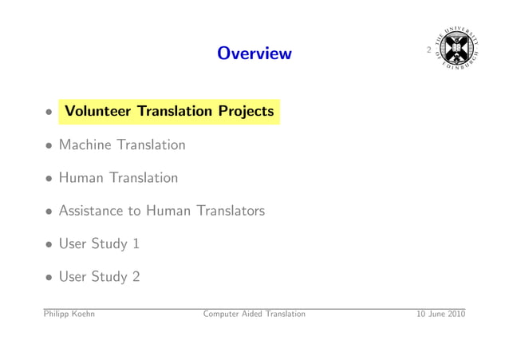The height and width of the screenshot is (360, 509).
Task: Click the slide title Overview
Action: (x=254, y=53)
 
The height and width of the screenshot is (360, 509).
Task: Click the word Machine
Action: (x=86, y=144)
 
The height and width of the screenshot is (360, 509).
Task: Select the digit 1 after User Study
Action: (x=136, y=243)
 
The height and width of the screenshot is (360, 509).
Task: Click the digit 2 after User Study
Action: (x=136, y=276)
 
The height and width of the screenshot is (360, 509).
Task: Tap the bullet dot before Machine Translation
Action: (x=49, y=146)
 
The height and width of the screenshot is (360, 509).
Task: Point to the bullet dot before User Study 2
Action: (x=49, y=278)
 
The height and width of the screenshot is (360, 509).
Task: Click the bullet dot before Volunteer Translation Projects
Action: (x=49, y=113)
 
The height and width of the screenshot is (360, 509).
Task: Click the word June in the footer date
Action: (x=436, y=314)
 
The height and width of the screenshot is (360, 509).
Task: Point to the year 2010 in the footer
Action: (x=456, y=314)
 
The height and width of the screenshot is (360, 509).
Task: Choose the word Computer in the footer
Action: (x=223, y=315)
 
